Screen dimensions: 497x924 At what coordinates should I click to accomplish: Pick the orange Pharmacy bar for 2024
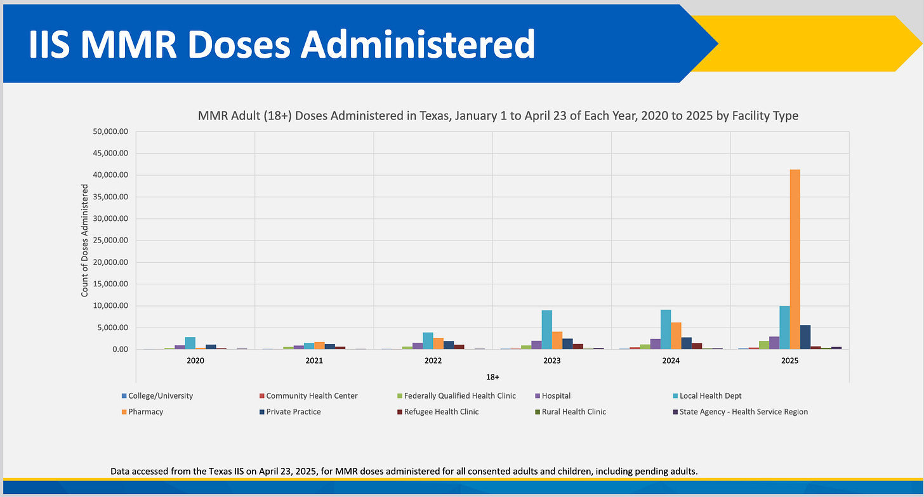coord(676,336)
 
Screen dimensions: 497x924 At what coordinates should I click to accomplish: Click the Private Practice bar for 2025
coord(805,337)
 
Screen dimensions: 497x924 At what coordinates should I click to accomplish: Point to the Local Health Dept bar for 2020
coord(190,343)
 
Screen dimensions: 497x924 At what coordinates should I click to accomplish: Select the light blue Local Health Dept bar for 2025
coord(784,328)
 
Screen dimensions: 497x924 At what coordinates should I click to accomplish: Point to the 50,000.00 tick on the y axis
coord(111,131)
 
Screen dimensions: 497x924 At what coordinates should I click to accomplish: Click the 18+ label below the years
coord(492,376)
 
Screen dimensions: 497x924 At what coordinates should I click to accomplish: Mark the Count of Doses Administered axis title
coord(84,241)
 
